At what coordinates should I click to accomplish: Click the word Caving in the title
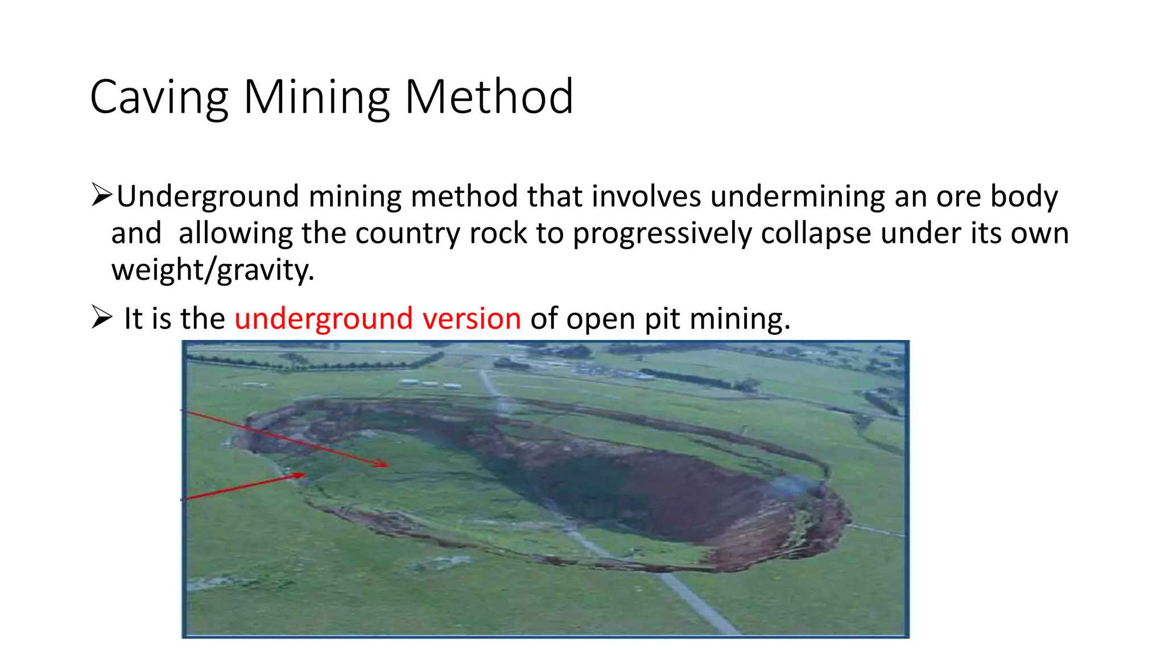pyautogui.click(x=159, y=98)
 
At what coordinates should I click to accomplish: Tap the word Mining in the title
pyautogui.click(x=316, y=98)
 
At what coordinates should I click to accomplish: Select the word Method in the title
pyautogui.click(x=489, y=98)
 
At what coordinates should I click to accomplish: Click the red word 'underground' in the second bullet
pyautogui.click(x=323, y=318)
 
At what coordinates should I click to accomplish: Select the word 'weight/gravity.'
pyautogui.click(x=213, y=270)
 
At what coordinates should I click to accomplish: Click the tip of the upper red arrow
pyautogui.click(x=387, y=466)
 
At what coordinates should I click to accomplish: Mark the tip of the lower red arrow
pyautogui.click(x=305, y=474)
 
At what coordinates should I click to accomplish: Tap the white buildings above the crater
pyautogui.click(x=431, y=384)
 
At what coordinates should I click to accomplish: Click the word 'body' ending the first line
pyautogui.click(x=1024, y=196)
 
